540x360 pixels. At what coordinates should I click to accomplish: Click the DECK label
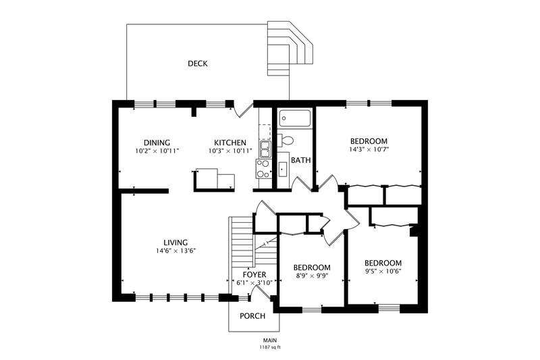click(x=198, y=63)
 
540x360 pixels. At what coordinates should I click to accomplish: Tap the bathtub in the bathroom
click(x=295, y=118)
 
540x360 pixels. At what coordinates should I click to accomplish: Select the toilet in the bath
click(x=286, y=140)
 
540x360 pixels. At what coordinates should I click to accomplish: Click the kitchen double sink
click(x=265, y=149)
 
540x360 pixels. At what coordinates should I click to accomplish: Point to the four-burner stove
click(x=263, y=168)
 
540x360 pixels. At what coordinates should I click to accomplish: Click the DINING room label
click(x=157, y=143)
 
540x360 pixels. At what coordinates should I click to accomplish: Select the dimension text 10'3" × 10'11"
click(x=230, y=151)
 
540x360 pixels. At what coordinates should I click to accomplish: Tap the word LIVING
click(x=175, y=242)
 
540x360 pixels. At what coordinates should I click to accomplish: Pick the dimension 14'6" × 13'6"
click(x=175, y=251)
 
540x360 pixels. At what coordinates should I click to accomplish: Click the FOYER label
click(x=254, y=275)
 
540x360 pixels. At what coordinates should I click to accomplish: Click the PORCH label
click(x=252, y=316)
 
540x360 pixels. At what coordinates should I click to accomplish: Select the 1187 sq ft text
click(x=270, y=347)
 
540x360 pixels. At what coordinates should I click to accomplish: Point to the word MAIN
click(x=270, y=340)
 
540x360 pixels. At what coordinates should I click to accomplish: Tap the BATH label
click(x=300, y=160)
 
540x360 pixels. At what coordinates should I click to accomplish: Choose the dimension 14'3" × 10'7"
click(x=369, y=149)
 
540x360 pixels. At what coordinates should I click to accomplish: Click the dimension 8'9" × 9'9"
click(x=312, y=276)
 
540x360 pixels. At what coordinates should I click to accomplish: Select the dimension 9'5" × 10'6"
click(x=383, y=271)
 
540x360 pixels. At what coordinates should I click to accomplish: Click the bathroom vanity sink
click(x=282, y=169)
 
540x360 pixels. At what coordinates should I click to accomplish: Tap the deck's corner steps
click(x=290, y=48)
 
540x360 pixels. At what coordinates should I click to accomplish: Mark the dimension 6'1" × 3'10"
click(x=254, y=283)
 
